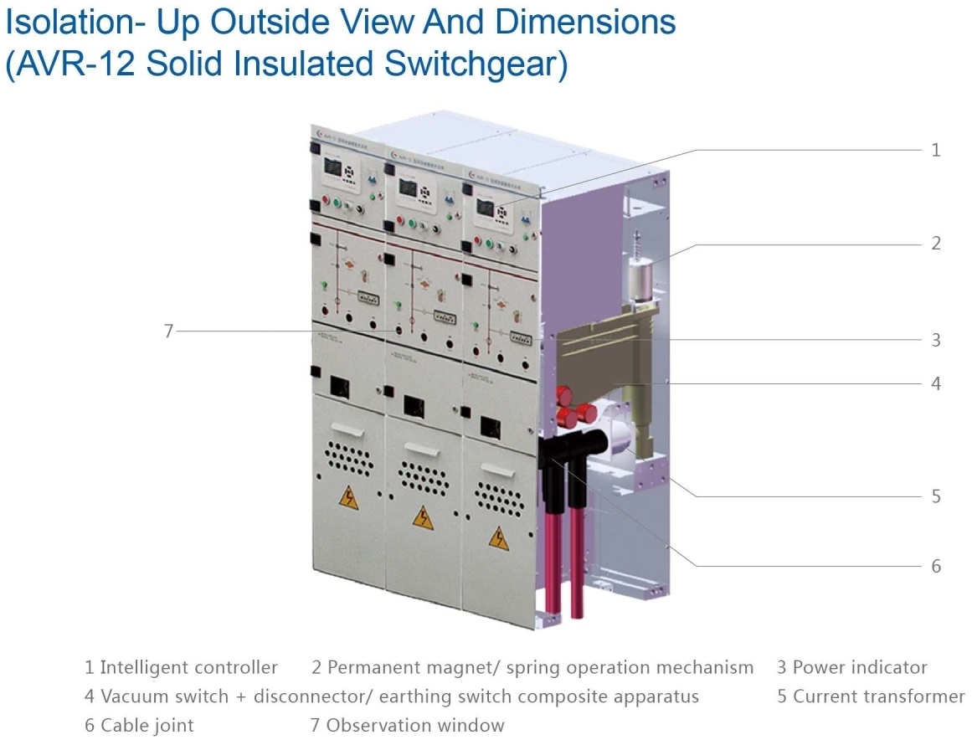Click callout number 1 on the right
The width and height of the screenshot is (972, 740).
point(936,151)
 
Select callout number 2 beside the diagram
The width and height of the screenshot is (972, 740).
point(936,244)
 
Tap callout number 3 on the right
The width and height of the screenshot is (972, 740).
point(936,341)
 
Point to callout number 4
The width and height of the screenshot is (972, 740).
point(936,384)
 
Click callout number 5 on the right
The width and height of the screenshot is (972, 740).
point(936,496)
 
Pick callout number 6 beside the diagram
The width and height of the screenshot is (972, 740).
point(936,567)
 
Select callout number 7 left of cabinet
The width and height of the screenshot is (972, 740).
point(168,331)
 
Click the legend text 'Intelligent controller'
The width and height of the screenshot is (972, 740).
point(188,668)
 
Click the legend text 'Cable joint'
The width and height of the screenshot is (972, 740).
point(147,725)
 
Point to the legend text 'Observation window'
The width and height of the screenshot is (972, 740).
point(415,725)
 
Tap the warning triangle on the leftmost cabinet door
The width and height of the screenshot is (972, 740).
point(349,498)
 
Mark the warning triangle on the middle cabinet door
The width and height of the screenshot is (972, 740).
point(423,516)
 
